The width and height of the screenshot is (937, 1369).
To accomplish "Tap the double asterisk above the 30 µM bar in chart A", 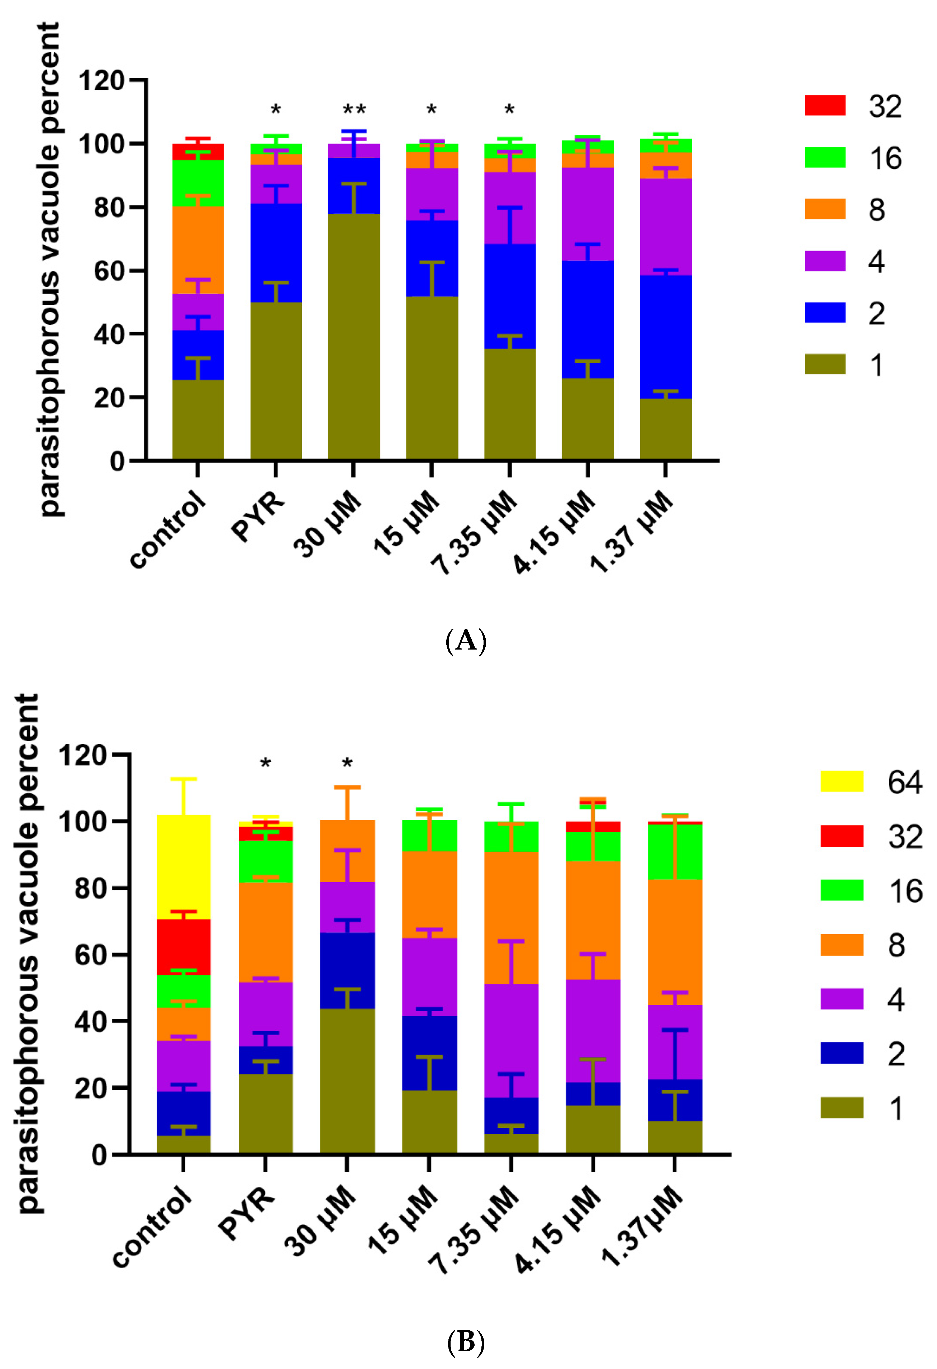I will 354,110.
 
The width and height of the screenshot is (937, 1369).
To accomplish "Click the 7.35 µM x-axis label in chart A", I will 475,533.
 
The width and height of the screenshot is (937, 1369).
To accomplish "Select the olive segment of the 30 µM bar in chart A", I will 353,336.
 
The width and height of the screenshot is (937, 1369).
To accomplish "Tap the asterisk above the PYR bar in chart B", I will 266,764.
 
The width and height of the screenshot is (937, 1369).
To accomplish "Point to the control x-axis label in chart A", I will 168,530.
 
